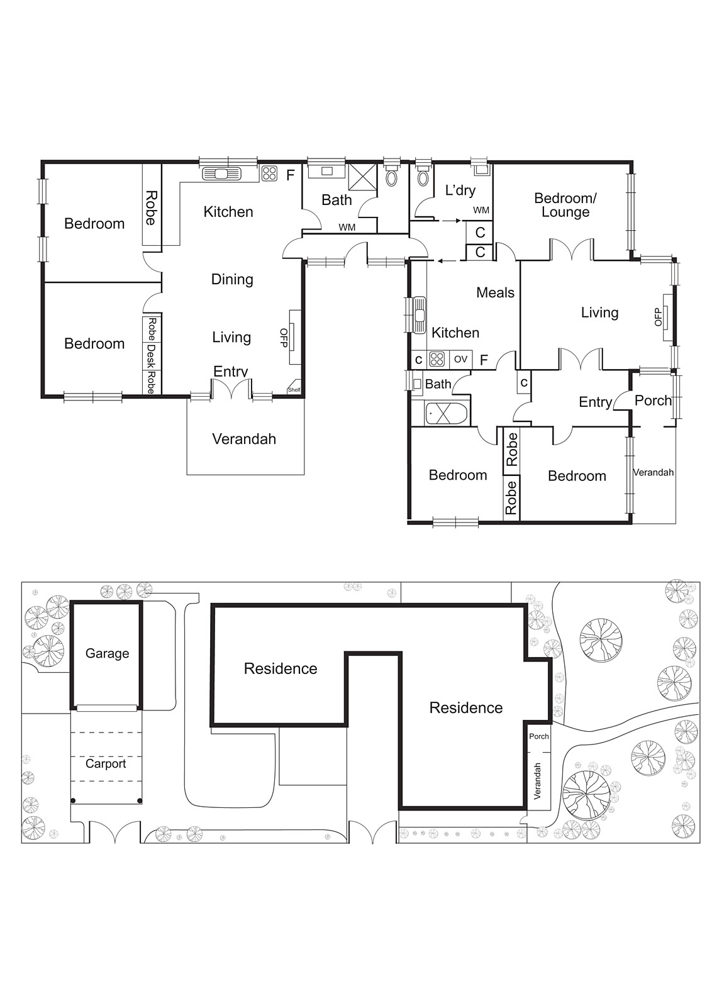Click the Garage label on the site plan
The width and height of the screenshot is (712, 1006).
click(107, 653)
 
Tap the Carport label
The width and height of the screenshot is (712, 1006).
click(106, 763)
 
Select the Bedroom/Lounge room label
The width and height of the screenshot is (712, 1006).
click(565, 205)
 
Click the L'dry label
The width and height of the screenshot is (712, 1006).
click(460, 191)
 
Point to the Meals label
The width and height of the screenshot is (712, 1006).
click(495, 292)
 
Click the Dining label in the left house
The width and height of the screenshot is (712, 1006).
click(232, 279)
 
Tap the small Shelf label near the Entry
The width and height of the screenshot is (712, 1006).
click(294, 390)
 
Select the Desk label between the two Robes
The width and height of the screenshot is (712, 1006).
click(151, 356)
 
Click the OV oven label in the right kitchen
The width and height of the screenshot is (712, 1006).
click(460, 360)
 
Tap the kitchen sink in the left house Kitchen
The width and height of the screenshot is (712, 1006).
click(221, 174)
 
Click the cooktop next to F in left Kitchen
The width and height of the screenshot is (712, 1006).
click(269, 174)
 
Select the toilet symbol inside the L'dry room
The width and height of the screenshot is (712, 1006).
click(423, 176)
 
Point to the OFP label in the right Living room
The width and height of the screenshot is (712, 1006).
click(659, 316)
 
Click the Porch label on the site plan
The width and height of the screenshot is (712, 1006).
click(538, 736)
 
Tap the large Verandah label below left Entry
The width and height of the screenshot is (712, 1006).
click(244, 439)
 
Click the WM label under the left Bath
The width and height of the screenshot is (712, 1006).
click(347, 227)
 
